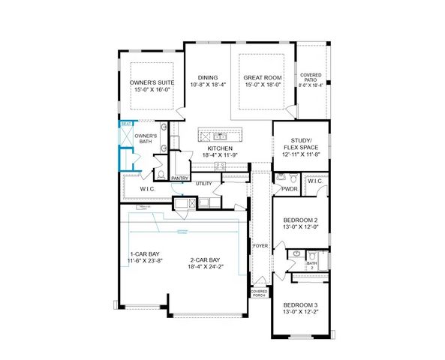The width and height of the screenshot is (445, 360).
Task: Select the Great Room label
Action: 261,77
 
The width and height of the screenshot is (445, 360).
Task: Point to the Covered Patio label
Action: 311,78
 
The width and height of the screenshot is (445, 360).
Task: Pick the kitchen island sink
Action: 221,136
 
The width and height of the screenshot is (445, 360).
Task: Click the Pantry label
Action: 179,178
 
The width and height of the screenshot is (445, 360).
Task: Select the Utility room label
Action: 203,183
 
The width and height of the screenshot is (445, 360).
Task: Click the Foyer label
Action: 260,245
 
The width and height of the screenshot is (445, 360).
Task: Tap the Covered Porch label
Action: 259,292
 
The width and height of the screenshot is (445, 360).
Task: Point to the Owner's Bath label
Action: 146,138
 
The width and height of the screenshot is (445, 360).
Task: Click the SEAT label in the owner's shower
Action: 126,124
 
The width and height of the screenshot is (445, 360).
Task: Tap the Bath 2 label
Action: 311,265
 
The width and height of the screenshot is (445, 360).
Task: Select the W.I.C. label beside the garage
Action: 148,189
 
